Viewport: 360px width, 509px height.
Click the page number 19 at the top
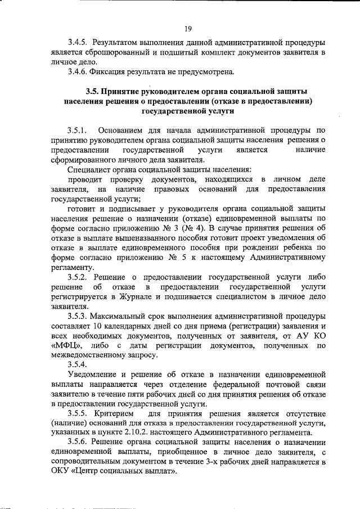[188, 29]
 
